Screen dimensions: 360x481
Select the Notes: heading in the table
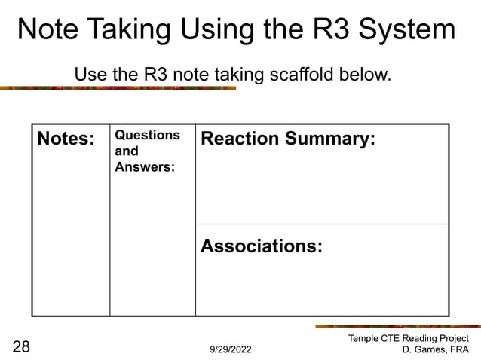click(x=66, y=139)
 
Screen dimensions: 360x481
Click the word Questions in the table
click(x=147, y=135)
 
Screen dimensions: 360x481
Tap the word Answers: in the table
click(x=145, y=166)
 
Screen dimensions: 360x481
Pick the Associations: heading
click(x=262, y=246)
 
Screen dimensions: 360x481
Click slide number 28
click(x=21, y=347)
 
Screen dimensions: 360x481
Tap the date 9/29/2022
click(x=230, y=350)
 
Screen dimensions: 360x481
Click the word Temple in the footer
click(x=364, y=338)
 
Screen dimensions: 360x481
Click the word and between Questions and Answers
click(x=126, y=151)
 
